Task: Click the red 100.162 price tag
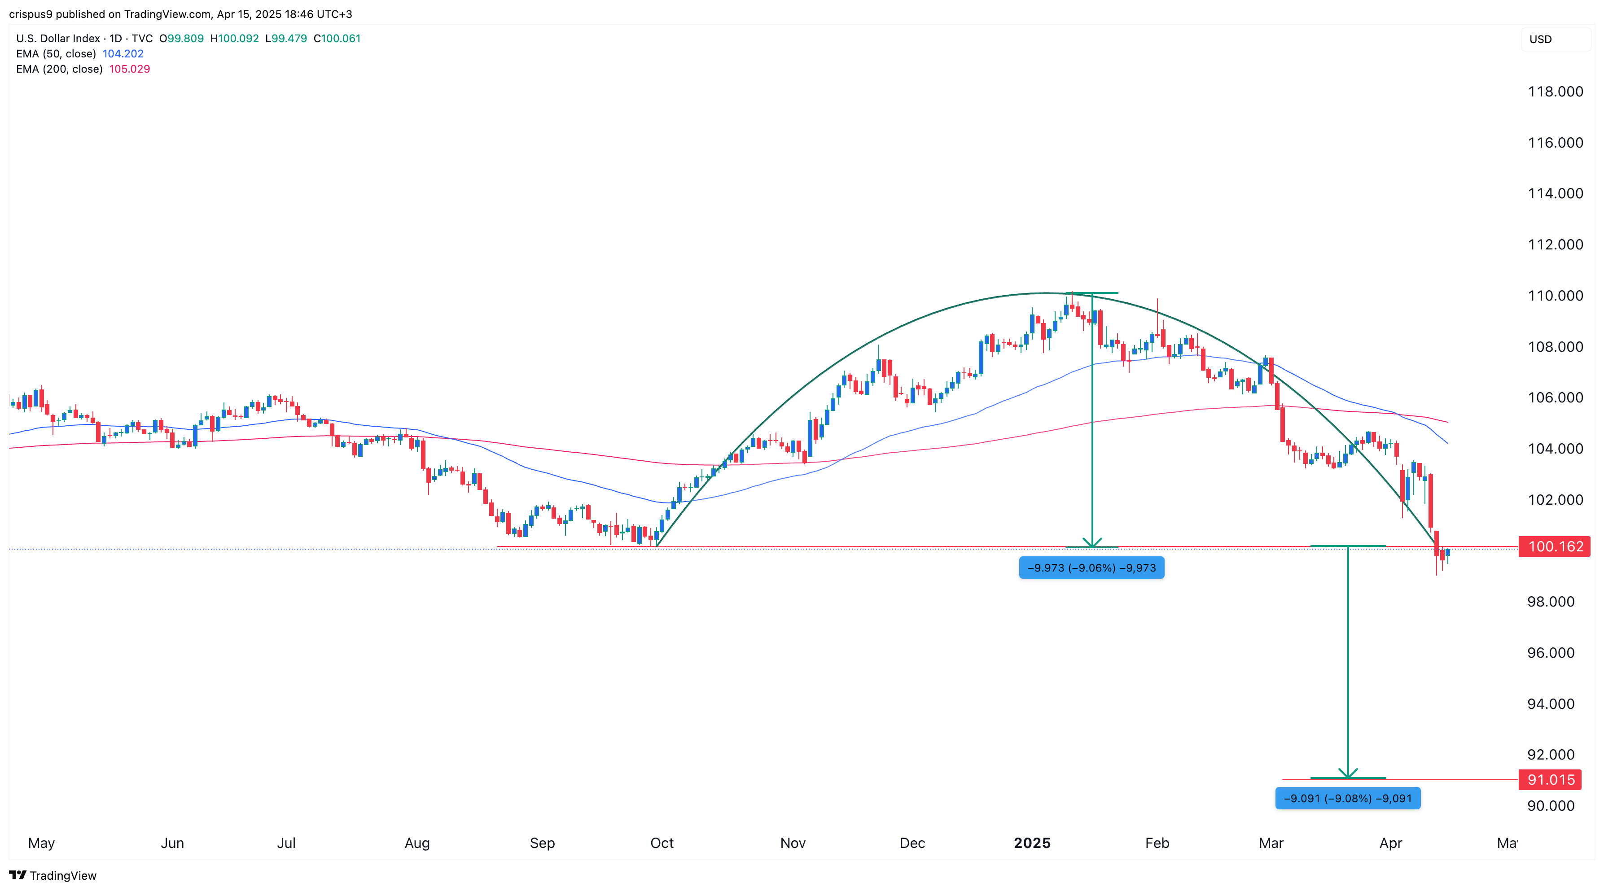[x=1555, y=547]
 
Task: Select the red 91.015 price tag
[x=1550, y=780]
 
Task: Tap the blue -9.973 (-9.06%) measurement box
[x=1091, y=568]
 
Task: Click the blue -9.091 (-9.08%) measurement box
[x=1347, y=798]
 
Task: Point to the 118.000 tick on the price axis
[x=1555, y=92]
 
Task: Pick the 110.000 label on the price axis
[x=1555, y=296]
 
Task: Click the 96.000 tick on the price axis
[x=1551, y=652]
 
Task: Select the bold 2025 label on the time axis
[x=1032, y=843]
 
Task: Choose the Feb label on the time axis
[x=1157, y=843]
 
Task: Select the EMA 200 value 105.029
[x=130, y=69]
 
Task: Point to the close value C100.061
[x=337, y=39]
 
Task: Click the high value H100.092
[x=234, y=39]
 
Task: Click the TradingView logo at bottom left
[x=53, y=875]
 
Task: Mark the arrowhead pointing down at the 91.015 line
[x=1347, y=774]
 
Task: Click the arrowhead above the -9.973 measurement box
[x=1091, y=543]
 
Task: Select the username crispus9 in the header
[x=31, y=14]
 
